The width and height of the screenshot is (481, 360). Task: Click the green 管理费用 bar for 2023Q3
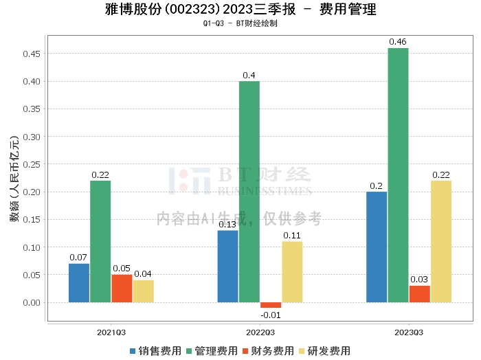398,175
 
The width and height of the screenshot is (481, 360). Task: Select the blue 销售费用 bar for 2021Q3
79,283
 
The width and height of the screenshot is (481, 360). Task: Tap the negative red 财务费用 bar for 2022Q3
271,305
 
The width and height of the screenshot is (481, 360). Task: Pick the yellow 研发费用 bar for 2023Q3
440,241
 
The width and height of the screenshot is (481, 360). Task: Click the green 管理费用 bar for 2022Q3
249,192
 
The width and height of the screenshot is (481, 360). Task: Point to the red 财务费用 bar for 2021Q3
122,289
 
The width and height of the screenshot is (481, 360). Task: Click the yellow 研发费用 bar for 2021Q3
144,291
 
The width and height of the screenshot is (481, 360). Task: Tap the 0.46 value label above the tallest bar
398,43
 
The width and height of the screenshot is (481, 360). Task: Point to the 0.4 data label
249,76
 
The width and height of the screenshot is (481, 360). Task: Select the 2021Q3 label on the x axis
111,332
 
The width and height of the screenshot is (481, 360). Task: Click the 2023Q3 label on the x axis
409,332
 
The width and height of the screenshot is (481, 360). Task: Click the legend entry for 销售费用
155,351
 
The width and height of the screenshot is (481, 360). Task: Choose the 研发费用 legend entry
324,351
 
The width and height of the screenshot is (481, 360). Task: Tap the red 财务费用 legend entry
268,351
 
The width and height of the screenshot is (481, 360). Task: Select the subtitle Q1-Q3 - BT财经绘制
240,23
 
